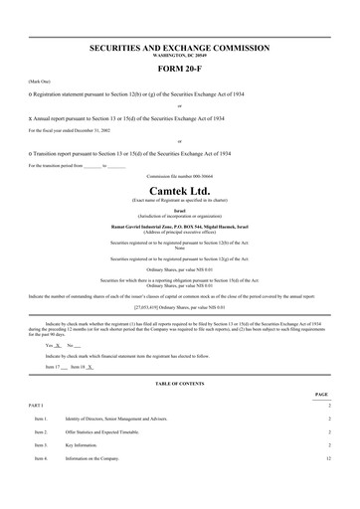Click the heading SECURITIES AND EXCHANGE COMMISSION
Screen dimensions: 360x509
[x=179, y=48]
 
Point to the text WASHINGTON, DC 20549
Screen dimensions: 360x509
[x=179, y=56]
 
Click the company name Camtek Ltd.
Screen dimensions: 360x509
[x=179, y=190]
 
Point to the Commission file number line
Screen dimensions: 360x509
[x=179, y=176]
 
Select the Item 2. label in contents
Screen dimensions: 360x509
[x=41, y=432]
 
